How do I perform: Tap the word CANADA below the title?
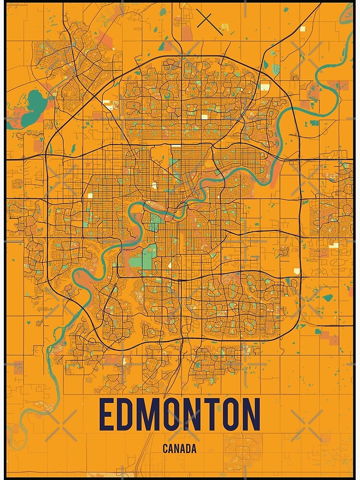point(180,449)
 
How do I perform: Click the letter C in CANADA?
point(165,449)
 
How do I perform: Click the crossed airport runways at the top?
point(204,20)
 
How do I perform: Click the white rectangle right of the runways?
point(303,28)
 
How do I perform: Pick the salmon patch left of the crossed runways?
point(186,32)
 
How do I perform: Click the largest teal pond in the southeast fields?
point(328,298)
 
